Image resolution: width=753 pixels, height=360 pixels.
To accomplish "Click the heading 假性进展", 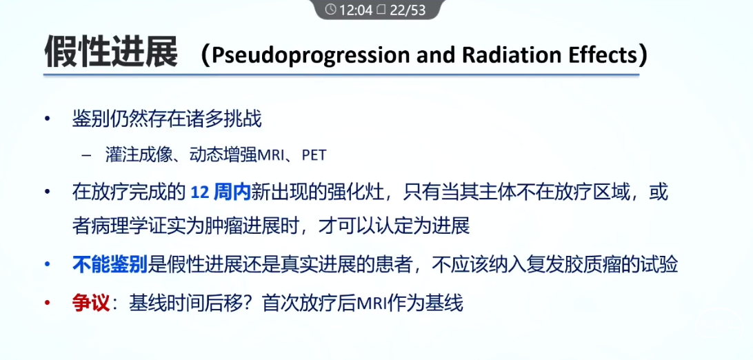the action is coord(111,51).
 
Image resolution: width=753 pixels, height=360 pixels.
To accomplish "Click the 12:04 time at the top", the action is coord(355,10).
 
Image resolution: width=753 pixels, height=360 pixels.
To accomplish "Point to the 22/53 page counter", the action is coord(408,10).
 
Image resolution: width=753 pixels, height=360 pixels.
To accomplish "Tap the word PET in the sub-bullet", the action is coord(314,157).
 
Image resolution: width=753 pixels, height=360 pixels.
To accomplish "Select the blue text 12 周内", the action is coord(221,193).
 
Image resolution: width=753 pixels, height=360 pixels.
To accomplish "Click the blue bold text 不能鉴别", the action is coord(110,264).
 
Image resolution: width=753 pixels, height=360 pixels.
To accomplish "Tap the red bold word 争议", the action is coord(91,304).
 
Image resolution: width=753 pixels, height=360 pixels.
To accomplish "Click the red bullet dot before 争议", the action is coord(47,304).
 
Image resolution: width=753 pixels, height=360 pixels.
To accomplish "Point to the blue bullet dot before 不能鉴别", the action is coord(47,265).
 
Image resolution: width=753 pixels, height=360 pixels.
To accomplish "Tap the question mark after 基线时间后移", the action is coord(250,304).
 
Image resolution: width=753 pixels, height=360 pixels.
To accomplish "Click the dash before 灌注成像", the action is coord(86,157).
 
